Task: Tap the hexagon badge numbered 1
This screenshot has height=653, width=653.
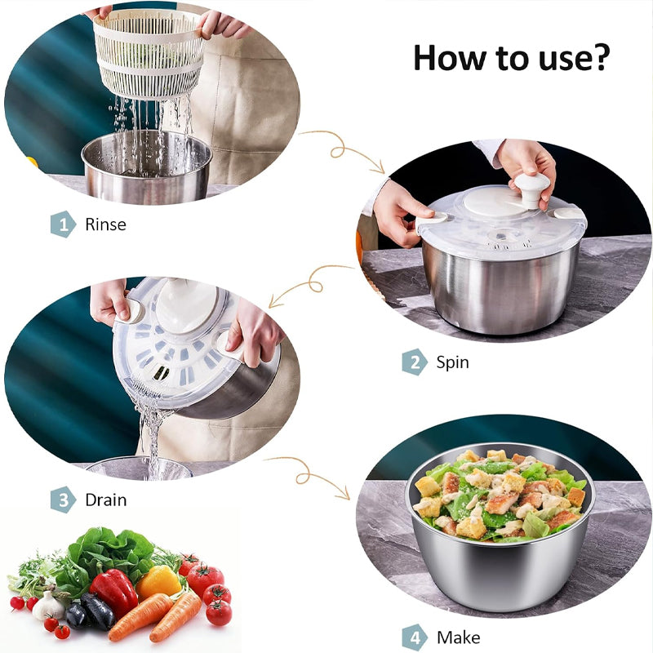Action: tap(63, 224)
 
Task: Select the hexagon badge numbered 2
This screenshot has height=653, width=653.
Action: tap(414, 362)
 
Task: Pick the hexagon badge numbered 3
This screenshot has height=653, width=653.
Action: tap(63, 499)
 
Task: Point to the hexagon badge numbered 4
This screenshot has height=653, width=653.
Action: tap(414, 637)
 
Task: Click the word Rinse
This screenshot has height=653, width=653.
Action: tap(105, 224)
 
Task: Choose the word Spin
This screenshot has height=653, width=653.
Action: tap(452, 362)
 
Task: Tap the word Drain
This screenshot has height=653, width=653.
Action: tap(106, 499)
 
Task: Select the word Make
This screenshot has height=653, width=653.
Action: tap(458, 637)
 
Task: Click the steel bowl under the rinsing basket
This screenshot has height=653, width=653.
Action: tap(147, 167)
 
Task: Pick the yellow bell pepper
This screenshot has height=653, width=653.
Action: tap(158, 581)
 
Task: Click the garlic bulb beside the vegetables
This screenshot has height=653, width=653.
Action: tap(49, 606)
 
